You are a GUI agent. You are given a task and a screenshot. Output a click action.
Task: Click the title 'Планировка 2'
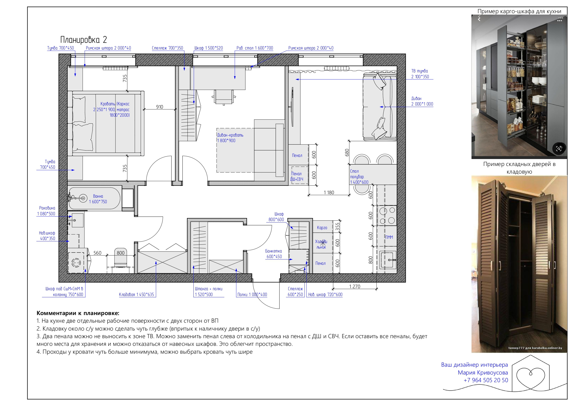click(84, 40)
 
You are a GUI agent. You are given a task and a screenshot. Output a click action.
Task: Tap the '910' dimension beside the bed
click(159, 107)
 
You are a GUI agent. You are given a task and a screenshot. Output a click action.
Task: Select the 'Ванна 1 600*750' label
click(98, 199)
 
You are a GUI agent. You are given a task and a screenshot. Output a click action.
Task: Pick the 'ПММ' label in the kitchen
click(389, 237)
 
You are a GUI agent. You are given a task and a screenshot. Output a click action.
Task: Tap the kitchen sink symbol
click(388, 260)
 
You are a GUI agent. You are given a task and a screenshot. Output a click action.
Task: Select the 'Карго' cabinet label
click(322, 228)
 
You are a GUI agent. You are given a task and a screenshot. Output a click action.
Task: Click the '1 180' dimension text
click(329, 192)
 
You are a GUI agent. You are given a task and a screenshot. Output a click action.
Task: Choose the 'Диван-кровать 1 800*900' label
click(230, 138)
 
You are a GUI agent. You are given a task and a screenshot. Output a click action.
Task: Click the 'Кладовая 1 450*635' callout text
click(136, 294)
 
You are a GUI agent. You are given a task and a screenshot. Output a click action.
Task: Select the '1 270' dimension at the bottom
click(354, 286)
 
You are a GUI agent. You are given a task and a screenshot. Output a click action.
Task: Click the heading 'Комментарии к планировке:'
click(78, 313)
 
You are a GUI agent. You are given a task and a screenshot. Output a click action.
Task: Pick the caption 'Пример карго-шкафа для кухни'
click(519, 11)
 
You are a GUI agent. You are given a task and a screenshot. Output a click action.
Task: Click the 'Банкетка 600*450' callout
click(273, 254)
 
